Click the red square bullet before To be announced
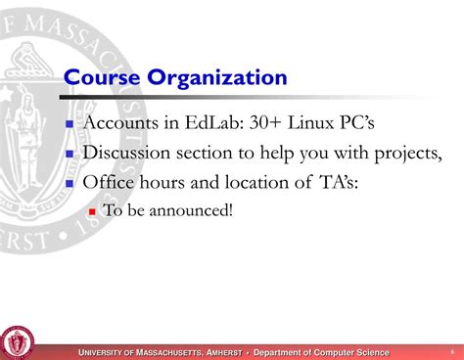pos(92,210)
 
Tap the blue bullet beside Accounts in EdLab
pos(70,125)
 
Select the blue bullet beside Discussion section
pos(70,154)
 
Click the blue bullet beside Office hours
pos(70,182)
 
